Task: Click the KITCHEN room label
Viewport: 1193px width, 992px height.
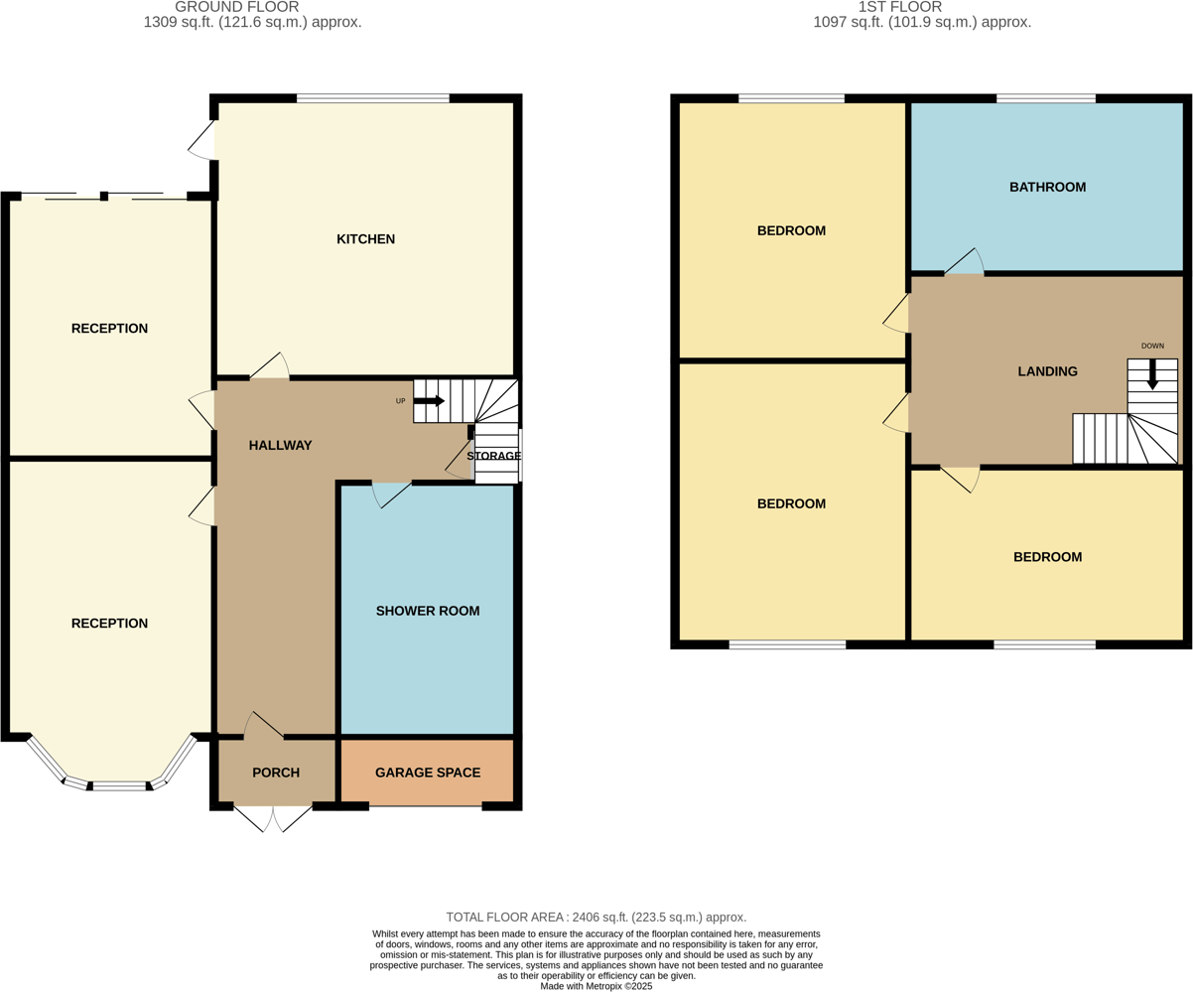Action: tap(365, 239)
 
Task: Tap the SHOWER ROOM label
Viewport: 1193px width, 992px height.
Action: tap(427, 611)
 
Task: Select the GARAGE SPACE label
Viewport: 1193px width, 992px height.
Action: tap(427, 773)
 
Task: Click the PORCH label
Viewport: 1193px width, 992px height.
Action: tap(276, 773)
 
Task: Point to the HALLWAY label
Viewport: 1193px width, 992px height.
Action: tap(280, 446)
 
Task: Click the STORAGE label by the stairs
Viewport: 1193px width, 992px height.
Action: tap(493, 456)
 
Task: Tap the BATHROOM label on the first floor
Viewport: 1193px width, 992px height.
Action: tap(1047, 187)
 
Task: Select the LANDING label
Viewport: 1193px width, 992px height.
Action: tap(1047, 371)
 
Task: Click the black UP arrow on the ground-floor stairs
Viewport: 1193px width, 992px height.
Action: tap(429, 401)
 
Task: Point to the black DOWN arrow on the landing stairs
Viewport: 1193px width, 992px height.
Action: tap(1152, 373)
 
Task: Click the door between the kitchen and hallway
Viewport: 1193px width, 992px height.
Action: tap(269, 366)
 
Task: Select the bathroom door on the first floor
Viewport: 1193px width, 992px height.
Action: tap(964, 262)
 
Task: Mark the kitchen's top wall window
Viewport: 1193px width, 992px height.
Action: tap(372, 98)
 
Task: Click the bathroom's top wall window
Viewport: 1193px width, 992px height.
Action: tap(1045, 98)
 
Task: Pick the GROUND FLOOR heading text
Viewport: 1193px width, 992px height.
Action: tap(251, 7)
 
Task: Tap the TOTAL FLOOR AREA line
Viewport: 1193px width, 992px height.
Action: tap(596, 918)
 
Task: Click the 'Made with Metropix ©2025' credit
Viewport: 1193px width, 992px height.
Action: tap(596, 986)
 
